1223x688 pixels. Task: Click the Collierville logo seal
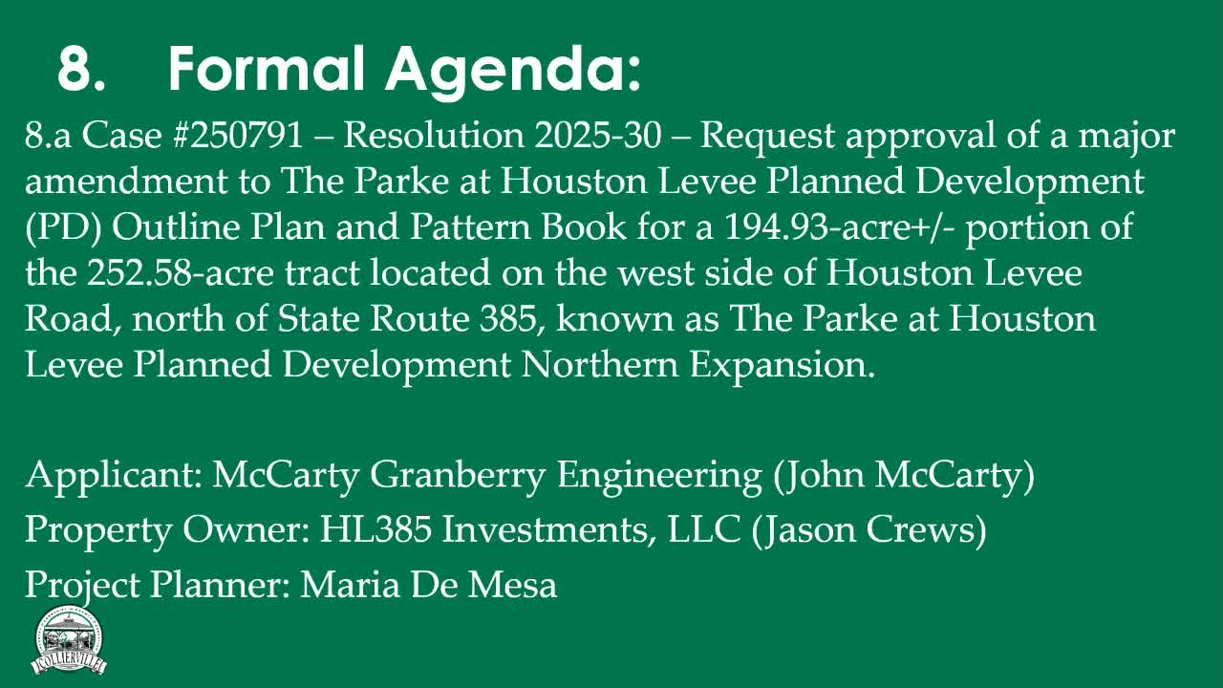(x=69, y=641)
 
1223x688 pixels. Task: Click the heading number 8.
(x=81, y=69)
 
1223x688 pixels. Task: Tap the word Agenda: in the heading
(x=514, y=69)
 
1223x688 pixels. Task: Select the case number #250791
(x=239, y=137)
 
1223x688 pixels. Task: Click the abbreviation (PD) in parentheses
(x=56, y=228)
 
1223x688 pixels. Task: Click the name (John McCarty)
(x=903, y=475)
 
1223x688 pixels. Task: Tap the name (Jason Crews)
(x=869, y=529)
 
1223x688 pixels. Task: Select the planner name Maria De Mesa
(x=428, y=584)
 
